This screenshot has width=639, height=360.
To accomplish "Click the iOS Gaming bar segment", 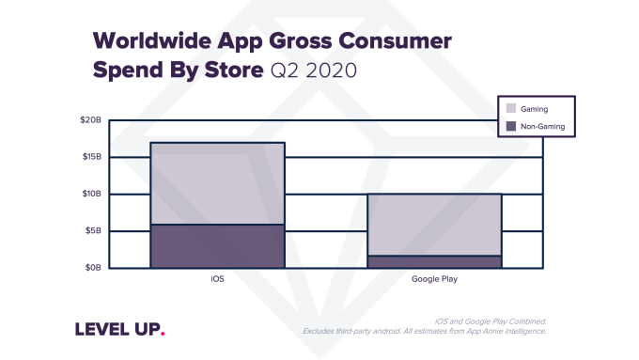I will [217, 183].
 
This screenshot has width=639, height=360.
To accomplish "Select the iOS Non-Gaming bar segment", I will [217, 246].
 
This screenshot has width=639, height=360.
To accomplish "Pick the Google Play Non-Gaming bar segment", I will [434, 262].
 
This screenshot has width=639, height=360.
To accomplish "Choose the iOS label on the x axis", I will [217, 280].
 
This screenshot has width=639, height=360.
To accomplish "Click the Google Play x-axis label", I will [434, 280].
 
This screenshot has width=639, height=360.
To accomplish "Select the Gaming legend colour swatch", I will [511, 109].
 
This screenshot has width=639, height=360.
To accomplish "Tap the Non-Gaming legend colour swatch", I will [511, 126].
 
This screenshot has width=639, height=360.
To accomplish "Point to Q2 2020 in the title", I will [312, 71].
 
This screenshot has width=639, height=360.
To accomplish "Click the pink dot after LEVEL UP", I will [163, 333].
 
